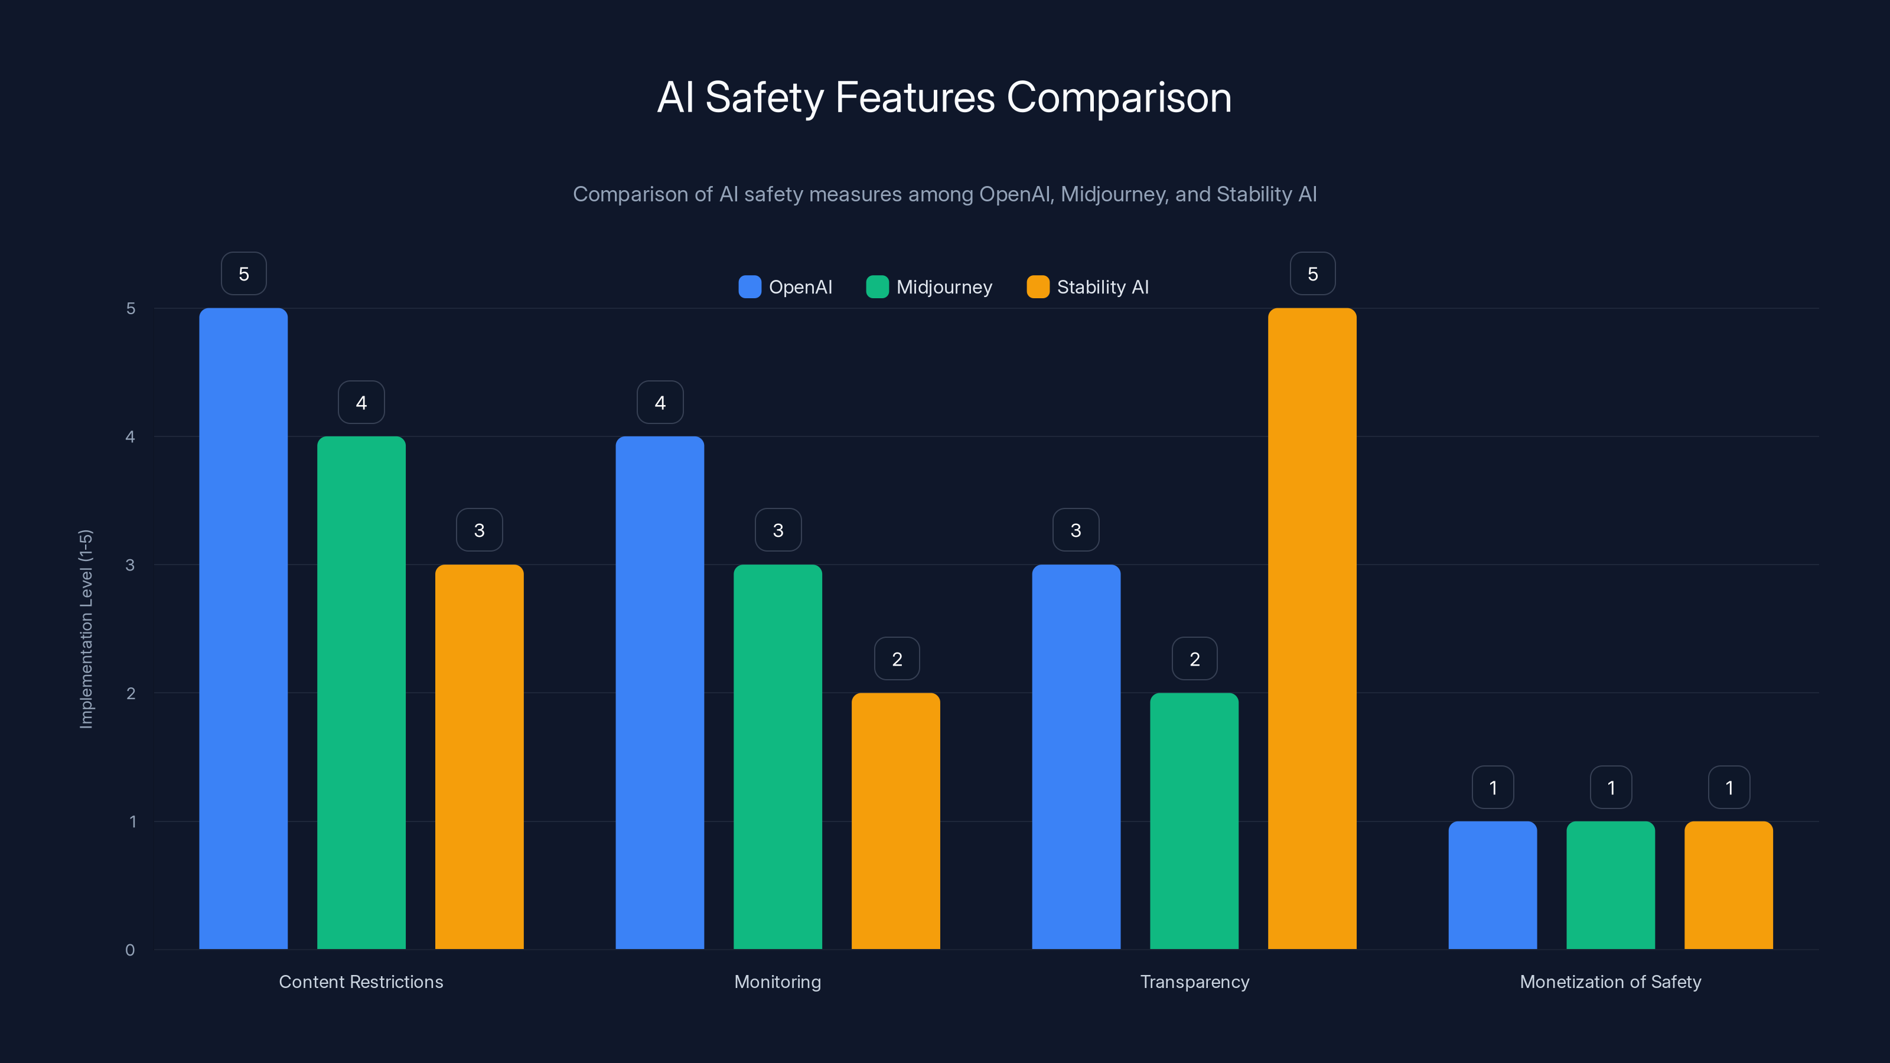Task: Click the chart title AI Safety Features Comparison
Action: coord(944,97)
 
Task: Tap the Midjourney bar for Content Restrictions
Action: coord(361,693)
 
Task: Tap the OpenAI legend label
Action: coord(800,287)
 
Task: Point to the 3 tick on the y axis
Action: coord(131,565)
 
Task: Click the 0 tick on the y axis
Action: coord(131,950)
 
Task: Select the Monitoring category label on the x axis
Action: coord(778,982)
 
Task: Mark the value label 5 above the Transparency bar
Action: coord(1312,273)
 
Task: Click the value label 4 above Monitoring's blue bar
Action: coord(660,402)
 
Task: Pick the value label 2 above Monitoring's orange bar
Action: coord(897,659)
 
